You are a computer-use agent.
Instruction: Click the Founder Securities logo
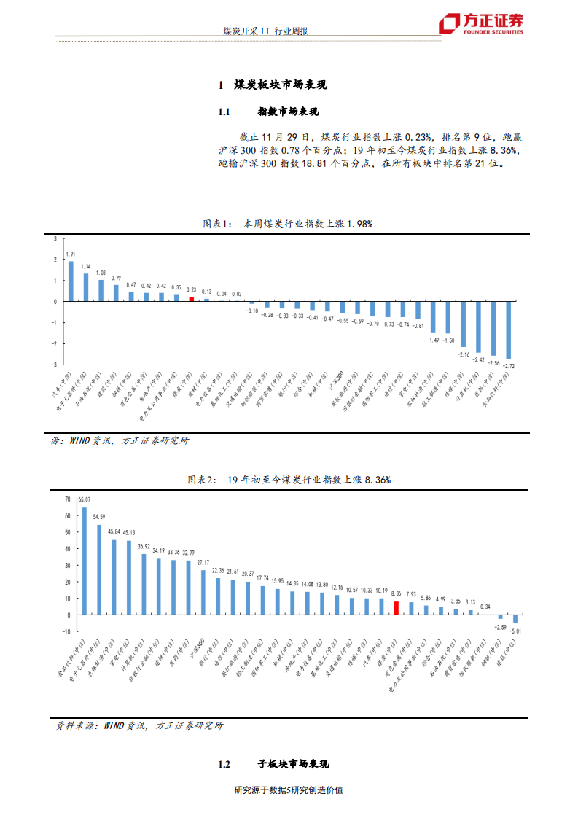(481, 23)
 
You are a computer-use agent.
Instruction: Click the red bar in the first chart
(192, 298)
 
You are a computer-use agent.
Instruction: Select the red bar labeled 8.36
(397, 608)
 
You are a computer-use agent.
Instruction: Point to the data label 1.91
(71, 254)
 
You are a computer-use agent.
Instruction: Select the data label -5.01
(515, 629)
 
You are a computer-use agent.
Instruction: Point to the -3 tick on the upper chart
(55, 365)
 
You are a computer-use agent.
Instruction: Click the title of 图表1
(287, 224)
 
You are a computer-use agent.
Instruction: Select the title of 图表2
(289, 480)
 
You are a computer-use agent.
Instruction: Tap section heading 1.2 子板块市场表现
(273, 764)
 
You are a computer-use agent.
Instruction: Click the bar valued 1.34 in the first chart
(86, 287)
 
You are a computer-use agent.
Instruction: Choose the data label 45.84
(114, 531)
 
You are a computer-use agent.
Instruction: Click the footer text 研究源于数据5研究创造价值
(289, 790)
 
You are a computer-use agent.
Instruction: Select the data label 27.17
(203, 563)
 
